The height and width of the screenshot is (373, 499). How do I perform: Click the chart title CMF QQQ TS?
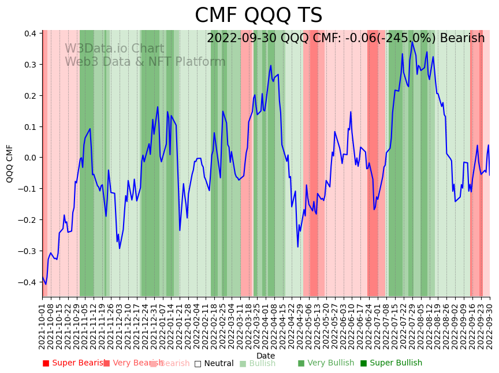pos(258,16)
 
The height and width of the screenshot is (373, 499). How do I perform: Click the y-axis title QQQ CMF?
pos(10,163)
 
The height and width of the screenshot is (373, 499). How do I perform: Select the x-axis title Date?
pos(266,356)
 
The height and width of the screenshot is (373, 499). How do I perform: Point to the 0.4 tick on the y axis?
pos(31,33)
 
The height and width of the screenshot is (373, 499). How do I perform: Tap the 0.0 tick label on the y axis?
pos(31,158)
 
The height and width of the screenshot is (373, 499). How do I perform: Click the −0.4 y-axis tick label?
pos(28,282)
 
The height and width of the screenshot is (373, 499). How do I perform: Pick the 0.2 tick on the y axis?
pos(31,96)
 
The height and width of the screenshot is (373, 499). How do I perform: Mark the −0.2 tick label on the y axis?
pos(28,220)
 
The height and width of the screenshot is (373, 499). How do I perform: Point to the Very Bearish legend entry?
pos(132,363)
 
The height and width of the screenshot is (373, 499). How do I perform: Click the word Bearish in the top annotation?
pos(462,38)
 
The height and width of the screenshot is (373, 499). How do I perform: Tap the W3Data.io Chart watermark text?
pos(114,49)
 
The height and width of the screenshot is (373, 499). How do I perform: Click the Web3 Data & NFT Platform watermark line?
pos(145,62)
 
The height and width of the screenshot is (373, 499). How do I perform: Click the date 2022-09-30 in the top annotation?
pos(242,38)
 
